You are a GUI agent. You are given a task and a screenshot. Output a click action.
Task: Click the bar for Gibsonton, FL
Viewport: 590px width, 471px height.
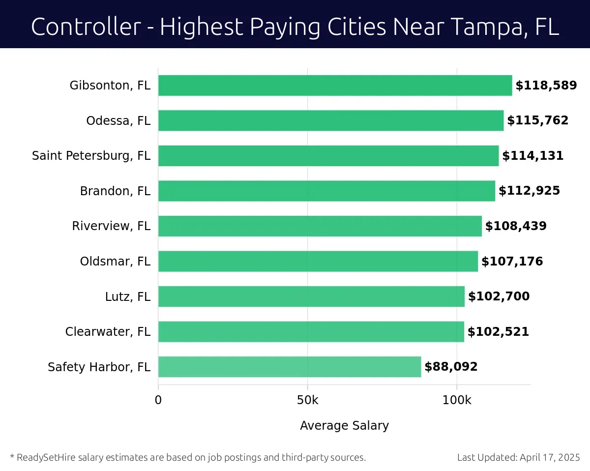[x=335, y=86]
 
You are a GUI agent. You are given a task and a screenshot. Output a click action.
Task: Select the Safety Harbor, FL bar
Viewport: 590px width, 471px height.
[x=290, y=367]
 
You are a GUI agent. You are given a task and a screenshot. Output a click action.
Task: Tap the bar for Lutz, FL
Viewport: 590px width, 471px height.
[x=311, y=296]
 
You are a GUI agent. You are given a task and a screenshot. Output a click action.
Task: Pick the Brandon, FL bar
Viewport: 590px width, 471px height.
[x=326, y=191]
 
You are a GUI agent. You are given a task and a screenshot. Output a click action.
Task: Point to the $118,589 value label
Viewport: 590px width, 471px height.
[x=546, y=86]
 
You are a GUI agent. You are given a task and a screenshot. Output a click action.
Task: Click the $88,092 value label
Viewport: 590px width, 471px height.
[x=451, y=367]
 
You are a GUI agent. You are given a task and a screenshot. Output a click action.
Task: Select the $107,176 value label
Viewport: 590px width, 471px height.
[x=512, y=261]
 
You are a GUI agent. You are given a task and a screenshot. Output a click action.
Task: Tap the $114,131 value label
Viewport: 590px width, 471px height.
[x=532, y=156]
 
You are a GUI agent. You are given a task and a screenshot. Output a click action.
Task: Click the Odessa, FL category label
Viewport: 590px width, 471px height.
[x=118, y=121]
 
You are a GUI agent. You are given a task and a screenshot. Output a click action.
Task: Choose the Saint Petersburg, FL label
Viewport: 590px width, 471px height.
[x=91, y=156]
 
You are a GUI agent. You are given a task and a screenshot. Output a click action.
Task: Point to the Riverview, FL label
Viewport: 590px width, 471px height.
[x=111, y=226]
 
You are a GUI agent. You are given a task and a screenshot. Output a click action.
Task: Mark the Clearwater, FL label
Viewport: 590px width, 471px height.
[x=108, y=332]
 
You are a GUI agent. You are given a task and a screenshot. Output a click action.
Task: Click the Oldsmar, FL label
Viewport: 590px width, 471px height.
[x=115, y=261]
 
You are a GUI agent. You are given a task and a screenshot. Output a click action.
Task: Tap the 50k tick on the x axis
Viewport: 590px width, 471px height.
[x=308, y=400]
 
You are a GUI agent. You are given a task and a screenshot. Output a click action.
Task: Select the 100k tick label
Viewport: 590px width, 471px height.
[x=457, y=400]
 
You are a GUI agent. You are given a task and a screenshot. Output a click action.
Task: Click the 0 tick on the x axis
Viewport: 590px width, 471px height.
[x=158, y=400]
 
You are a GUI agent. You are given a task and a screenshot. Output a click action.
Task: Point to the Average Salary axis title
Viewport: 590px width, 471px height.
[x=344, y=426]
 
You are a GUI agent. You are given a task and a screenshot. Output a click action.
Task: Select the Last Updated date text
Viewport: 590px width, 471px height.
[x=519, y=457]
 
